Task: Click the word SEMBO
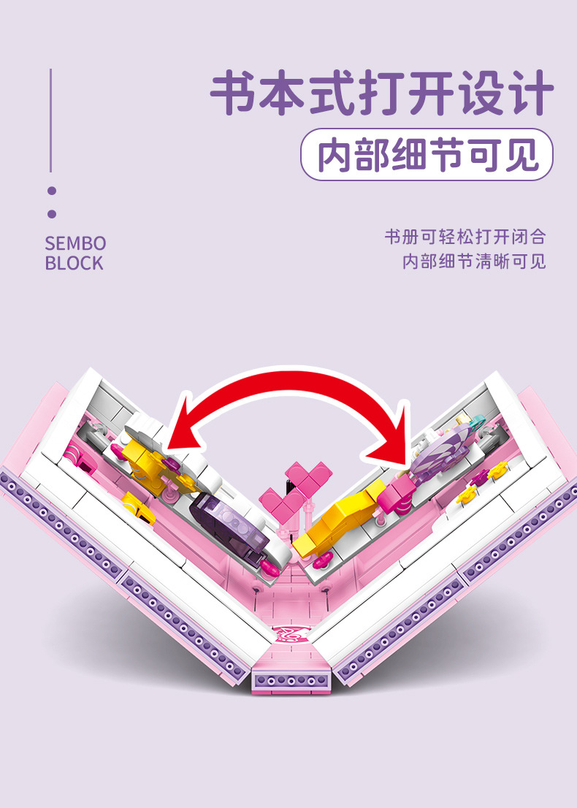(x=75, y=243)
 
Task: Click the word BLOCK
(x=74, y=264)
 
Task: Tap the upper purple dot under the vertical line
(x=51, y=191)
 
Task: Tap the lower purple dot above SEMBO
(x=51, y=214)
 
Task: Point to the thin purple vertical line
(x=50, y=121)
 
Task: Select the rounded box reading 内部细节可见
(x=427, y=155)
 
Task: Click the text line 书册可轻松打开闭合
(x=465, y=237)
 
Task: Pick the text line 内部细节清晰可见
(x=474, y=262)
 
